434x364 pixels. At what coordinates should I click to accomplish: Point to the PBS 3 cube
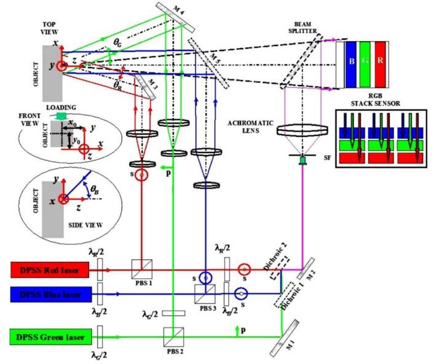coord(203,293)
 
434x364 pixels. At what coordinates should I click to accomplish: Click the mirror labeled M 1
coord(287,336)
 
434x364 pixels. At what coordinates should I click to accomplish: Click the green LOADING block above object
coord(61,114)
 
